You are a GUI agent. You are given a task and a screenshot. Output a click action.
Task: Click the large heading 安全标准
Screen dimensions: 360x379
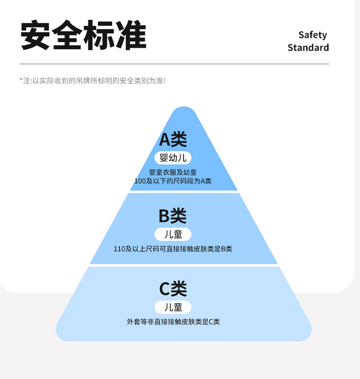coord(83,36)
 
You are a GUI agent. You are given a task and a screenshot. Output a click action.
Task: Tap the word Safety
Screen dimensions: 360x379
coord(312,35)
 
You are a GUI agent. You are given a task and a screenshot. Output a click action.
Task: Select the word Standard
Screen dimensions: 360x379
coord(308,47)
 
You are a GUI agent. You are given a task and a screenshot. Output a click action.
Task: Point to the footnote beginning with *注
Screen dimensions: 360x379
coord(92,81)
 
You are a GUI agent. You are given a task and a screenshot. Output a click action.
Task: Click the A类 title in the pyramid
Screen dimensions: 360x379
coord(173,140)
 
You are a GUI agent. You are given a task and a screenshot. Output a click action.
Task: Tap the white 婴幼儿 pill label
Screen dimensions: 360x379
coord(173,158)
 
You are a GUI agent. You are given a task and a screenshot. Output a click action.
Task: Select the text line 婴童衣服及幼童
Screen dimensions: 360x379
coord(173,172)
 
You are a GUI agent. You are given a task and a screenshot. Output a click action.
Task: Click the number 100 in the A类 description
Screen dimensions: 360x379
coord(140,181)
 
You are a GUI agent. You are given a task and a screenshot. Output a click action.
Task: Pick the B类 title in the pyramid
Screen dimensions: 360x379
coord(173,216)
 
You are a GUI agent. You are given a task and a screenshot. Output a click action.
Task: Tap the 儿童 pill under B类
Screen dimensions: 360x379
coord(173,235)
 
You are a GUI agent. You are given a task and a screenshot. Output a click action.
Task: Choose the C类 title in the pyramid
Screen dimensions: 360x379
coord(173,289)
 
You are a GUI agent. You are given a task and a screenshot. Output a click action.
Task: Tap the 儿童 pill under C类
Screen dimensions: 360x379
coord(173,308)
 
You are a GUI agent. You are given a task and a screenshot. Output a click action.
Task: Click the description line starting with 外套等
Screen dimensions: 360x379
coord(173,322)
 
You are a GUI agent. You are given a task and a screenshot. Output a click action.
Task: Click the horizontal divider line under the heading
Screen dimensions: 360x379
coord(174,64)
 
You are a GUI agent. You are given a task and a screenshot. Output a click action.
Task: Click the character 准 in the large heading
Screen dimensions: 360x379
coord(131,36)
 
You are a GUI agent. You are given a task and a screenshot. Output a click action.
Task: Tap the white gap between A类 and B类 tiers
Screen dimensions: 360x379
coord(184,192)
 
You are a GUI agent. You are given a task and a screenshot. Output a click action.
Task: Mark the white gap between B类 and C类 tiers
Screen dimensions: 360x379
coord(184,265)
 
